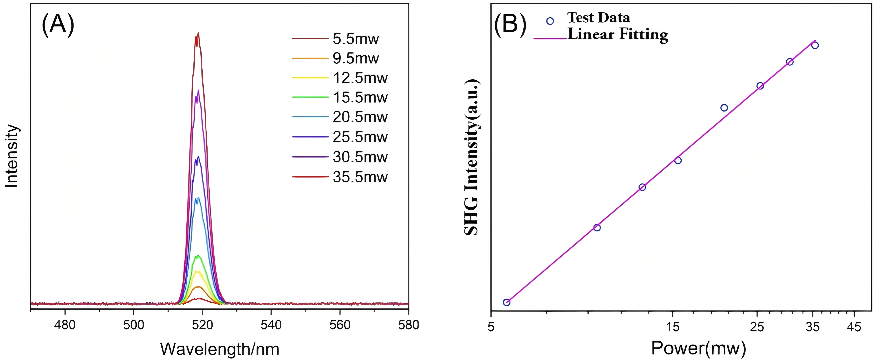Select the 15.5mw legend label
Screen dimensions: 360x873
pos(360,98)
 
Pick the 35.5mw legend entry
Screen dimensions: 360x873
pos(360,177)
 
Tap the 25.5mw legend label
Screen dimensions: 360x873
pos(360,137)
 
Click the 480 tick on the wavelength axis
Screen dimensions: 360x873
pos(65,325)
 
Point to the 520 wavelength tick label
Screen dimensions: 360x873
pos(202,325)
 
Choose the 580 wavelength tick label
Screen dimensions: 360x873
pos(408,325)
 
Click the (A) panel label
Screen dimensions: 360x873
pos(58,25)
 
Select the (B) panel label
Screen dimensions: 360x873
pos(510,25)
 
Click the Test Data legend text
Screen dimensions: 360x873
pos(598,18)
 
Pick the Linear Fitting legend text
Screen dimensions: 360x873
pos(617,35)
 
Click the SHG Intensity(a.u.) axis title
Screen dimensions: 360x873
pos(472,158)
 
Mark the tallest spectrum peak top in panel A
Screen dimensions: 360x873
pos(198,34)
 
